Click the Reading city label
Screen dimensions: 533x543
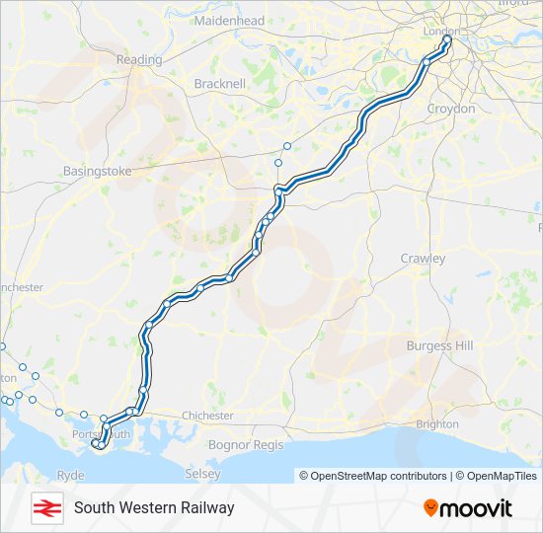tap(139, 59)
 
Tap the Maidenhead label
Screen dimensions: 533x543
tap(229, 20)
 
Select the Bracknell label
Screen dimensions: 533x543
tap(220, 84)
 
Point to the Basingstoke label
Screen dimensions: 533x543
tap(97, 171)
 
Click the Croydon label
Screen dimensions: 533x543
tap(451, 109)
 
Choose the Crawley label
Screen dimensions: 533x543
tap(423, 259)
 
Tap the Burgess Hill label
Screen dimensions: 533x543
tap(440, 346)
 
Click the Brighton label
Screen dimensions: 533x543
tap(437, 423)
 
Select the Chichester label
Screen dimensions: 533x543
tap(207, 416)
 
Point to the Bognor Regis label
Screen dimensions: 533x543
tap(246, 445)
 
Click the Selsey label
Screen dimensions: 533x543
tap(202, 475)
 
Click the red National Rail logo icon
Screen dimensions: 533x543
tap(43, 507)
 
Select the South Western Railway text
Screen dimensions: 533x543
tap(153, 507)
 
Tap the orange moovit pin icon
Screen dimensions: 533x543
tap(430, 507)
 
